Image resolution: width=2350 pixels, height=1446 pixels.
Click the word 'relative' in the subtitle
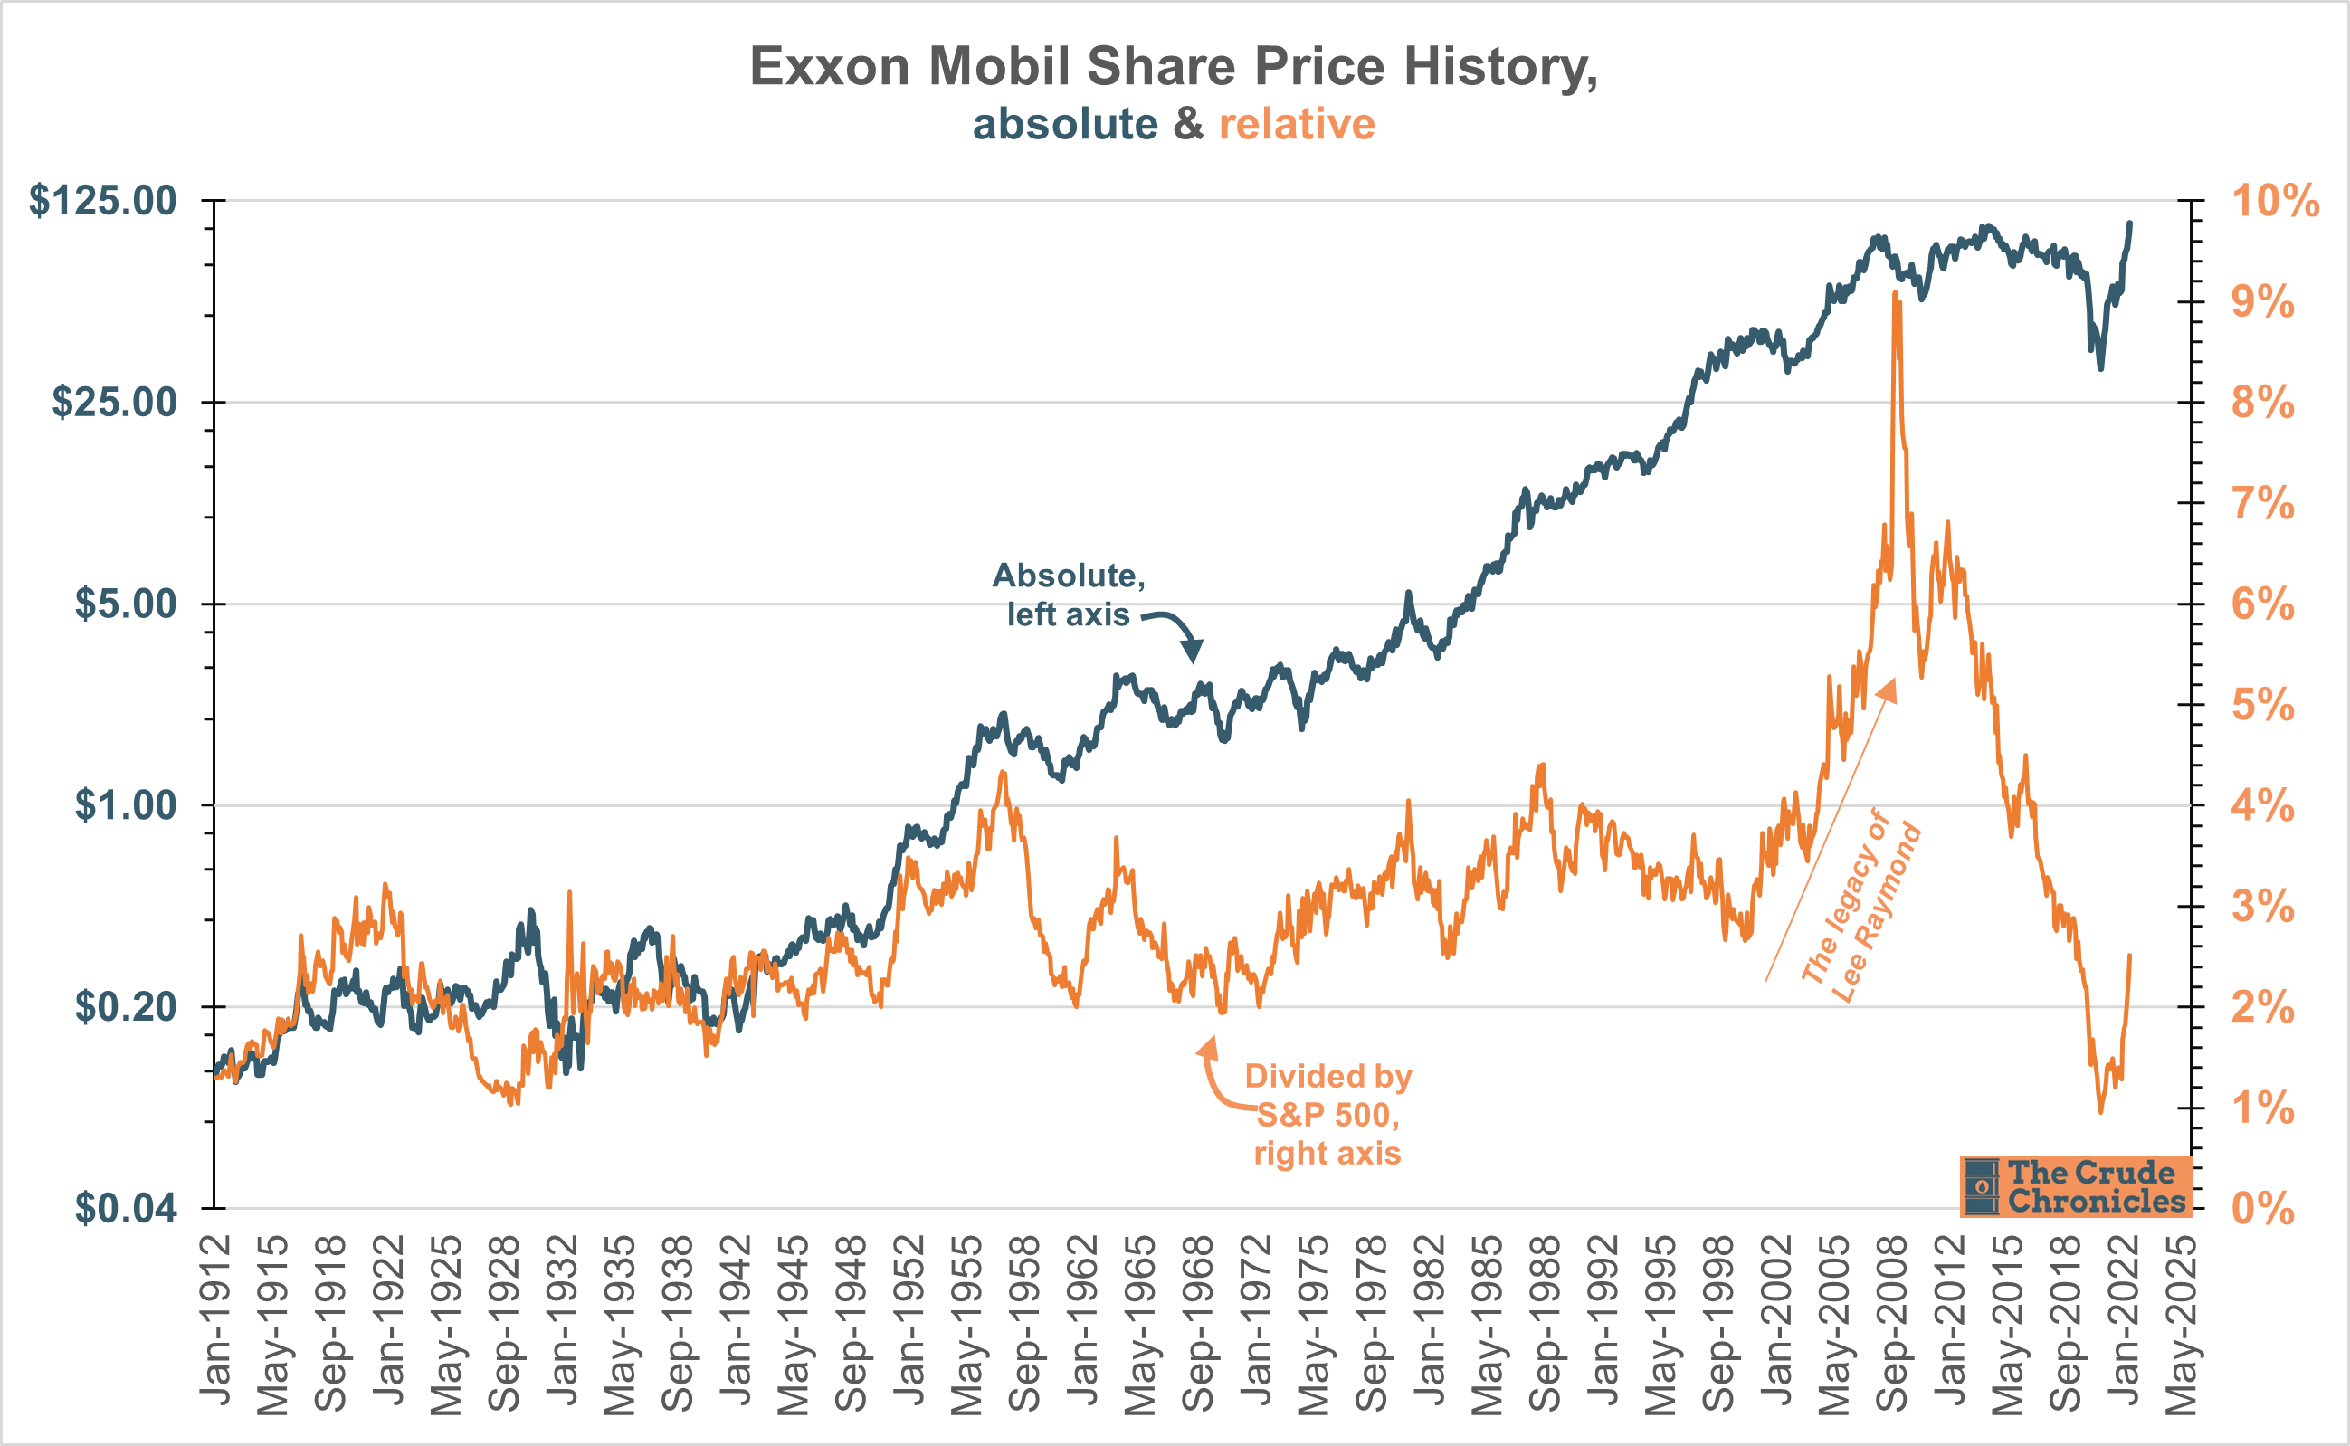tap(1297, 124)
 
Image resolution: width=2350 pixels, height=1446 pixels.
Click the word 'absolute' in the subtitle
tap(1065, 124)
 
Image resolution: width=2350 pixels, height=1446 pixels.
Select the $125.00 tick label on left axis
tap(103, 201)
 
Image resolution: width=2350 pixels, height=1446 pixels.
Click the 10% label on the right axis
tap(2275, 201)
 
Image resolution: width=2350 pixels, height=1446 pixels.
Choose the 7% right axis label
tap(2262, 504)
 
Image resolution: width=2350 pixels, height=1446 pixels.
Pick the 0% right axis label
tap(2262, 1209)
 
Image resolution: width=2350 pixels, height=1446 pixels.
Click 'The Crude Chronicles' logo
tap(2075, 1186)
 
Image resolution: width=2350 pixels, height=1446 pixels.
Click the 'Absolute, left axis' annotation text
tap(1069, 594)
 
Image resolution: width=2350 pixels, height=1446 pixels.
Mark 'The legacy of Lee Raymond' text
tap(1860, 909)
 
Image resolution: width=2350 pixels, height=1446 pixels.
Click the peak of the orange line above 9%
tap(1894, 295)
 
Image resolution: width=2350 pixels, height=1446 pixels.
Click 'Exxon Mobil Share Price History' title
tap(1173, 67)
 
